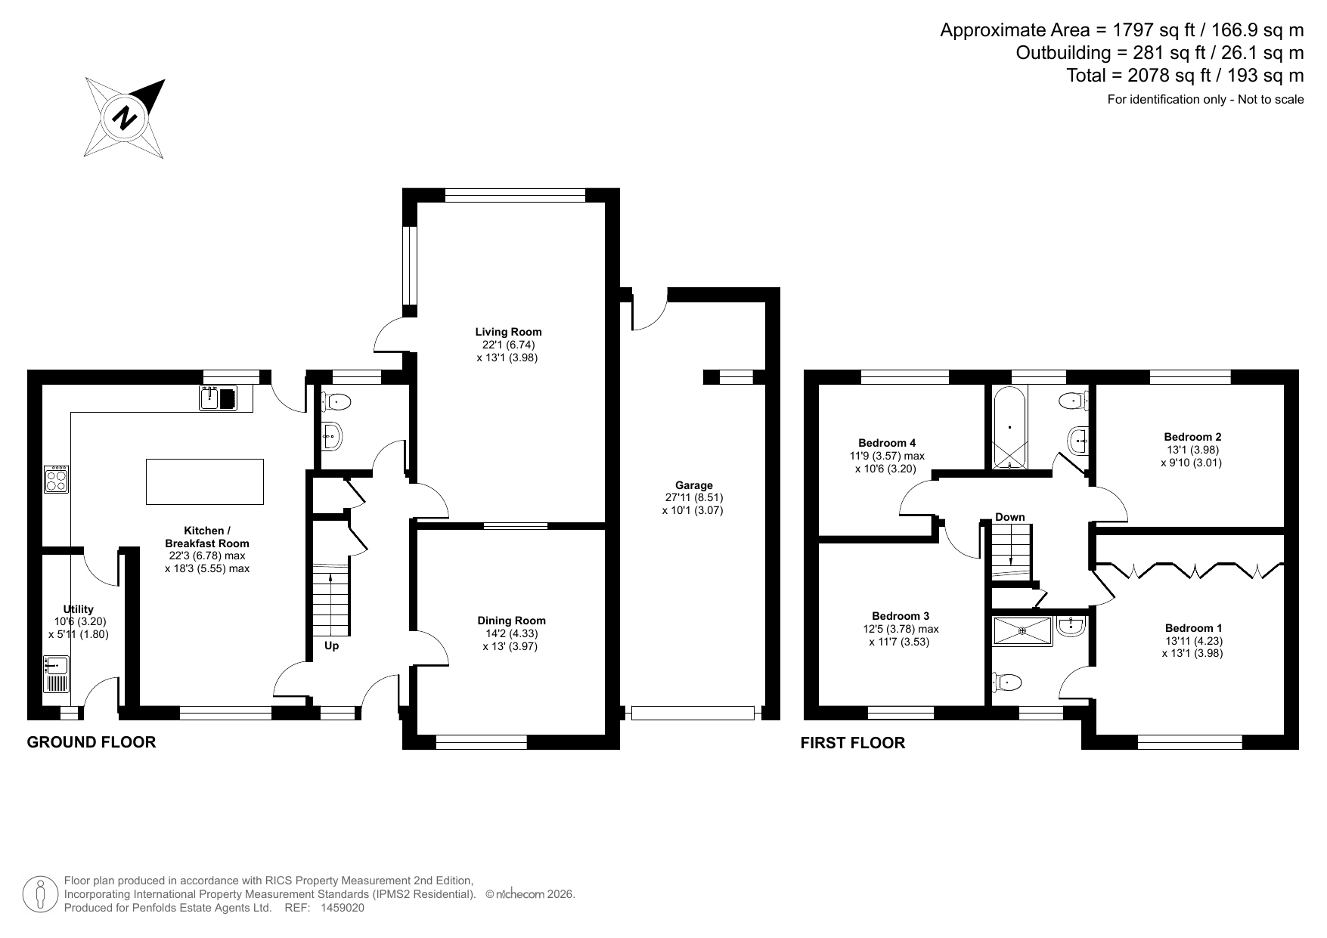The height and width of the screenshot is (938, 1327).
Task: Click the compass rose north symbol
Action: (125, 118)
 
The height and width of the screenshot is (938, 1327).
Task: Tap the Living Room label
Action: (508, 332)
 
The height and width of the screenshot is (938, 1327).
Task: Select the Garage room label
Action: (694, 485)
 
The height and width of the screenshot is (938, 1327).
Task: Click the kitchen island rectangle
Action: (205, 481)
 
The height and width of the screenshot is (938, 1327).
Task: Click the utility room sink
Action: (57, 673)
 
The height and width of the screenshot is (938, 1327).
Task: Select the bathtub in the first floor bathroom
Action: (1009, 428)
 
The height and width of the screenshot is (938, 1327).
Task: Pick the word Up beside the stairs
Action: (331, 646)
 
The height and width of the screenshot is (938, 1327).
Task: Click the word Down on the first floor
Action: (1009, 517)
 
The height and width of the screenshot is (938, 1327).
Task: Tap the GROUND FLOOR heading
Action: (91, 742)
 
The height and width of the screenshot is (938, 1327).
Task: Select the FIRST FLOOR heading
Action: (853, 743)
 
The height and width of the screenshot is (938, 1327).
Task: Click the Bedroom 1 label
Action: (1193, 628)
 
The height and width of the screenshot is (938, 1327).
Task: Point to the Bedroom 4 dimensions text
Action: (886, 463)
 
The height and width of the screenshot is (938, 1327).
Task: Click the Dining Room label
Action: (510, 621)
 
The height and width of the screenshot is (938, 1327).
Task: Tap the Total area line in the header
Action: (1185, 76)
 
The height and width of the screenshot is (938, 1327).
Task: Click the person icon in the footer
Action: (42, 894)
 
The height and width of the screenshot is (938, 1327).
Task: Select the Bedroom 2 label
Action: (1192, 437)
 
